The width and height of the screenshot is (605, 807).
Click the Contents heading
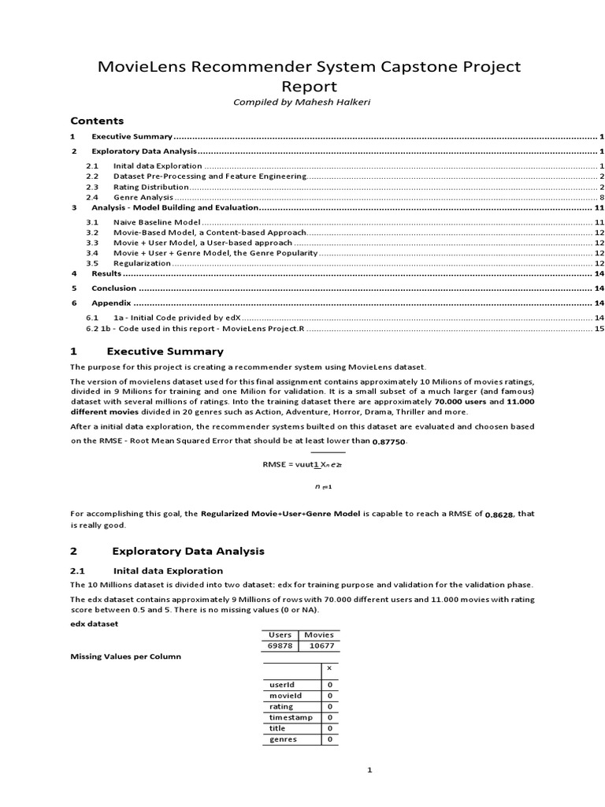(x=97, y=121)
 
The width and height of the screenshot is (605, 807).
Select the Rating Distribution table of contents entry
(x=150, y=188)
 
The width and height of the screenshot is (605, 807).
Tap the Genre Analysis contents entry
(x=143, y=197)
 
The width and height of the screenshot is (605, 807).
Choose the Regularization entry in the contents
(x=142, y=263)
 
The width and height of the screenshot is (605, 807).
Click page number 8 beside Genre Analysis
(x=601, y=197)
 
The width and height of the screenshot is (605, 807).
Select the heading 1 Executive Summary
(x=147, y=351)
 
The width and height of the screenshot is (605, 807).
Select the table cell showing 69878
(x=280, y=645)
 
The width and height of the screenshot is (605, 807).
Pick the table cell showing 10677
(x=318, y=645)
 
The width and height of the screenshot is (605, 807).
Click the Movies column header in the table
(x=318, y=634)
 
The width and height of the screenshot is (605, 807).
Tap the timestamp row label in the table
(x=291, y=717)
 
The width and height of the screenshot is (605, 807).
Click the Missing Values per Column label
(x=125, y=656)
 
